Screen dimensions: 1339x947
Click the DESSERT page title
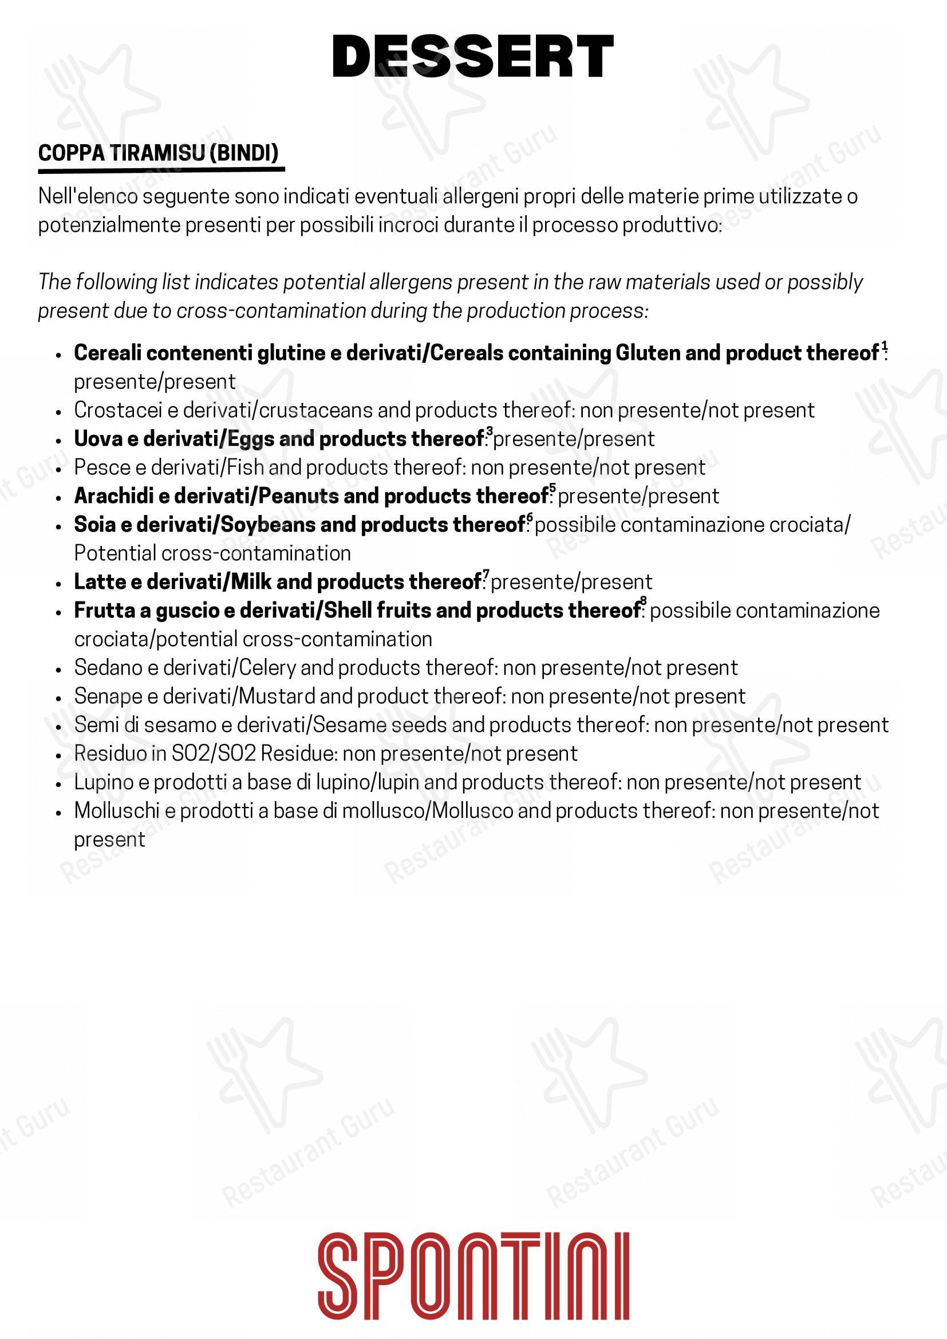tap(472, 57)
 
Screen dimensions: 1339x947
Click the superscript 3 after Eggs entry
tap(490, 431)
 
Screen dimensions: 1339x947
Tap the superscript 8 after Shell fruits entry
tap(644, 601)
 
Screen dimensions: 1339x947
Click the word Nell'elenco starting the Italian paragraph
tap(88, 196)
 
